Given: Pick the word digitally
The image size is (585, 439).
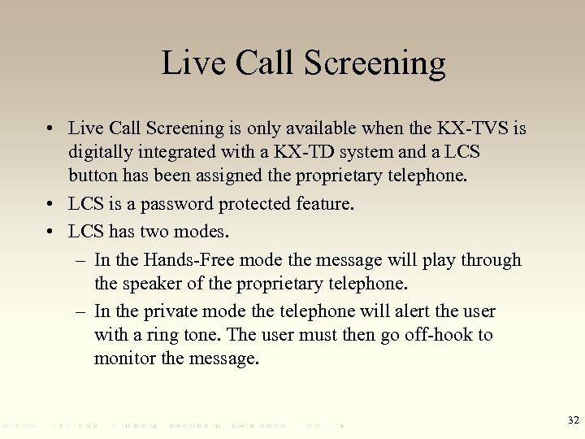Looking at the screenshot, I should [x=102, y=152].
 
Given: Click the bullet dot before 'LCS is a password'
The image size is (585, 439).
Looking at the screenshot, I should [x=51, y=205].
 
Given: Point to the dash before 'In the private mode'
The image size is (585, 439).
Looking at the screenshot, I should [x=81, y=311].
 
